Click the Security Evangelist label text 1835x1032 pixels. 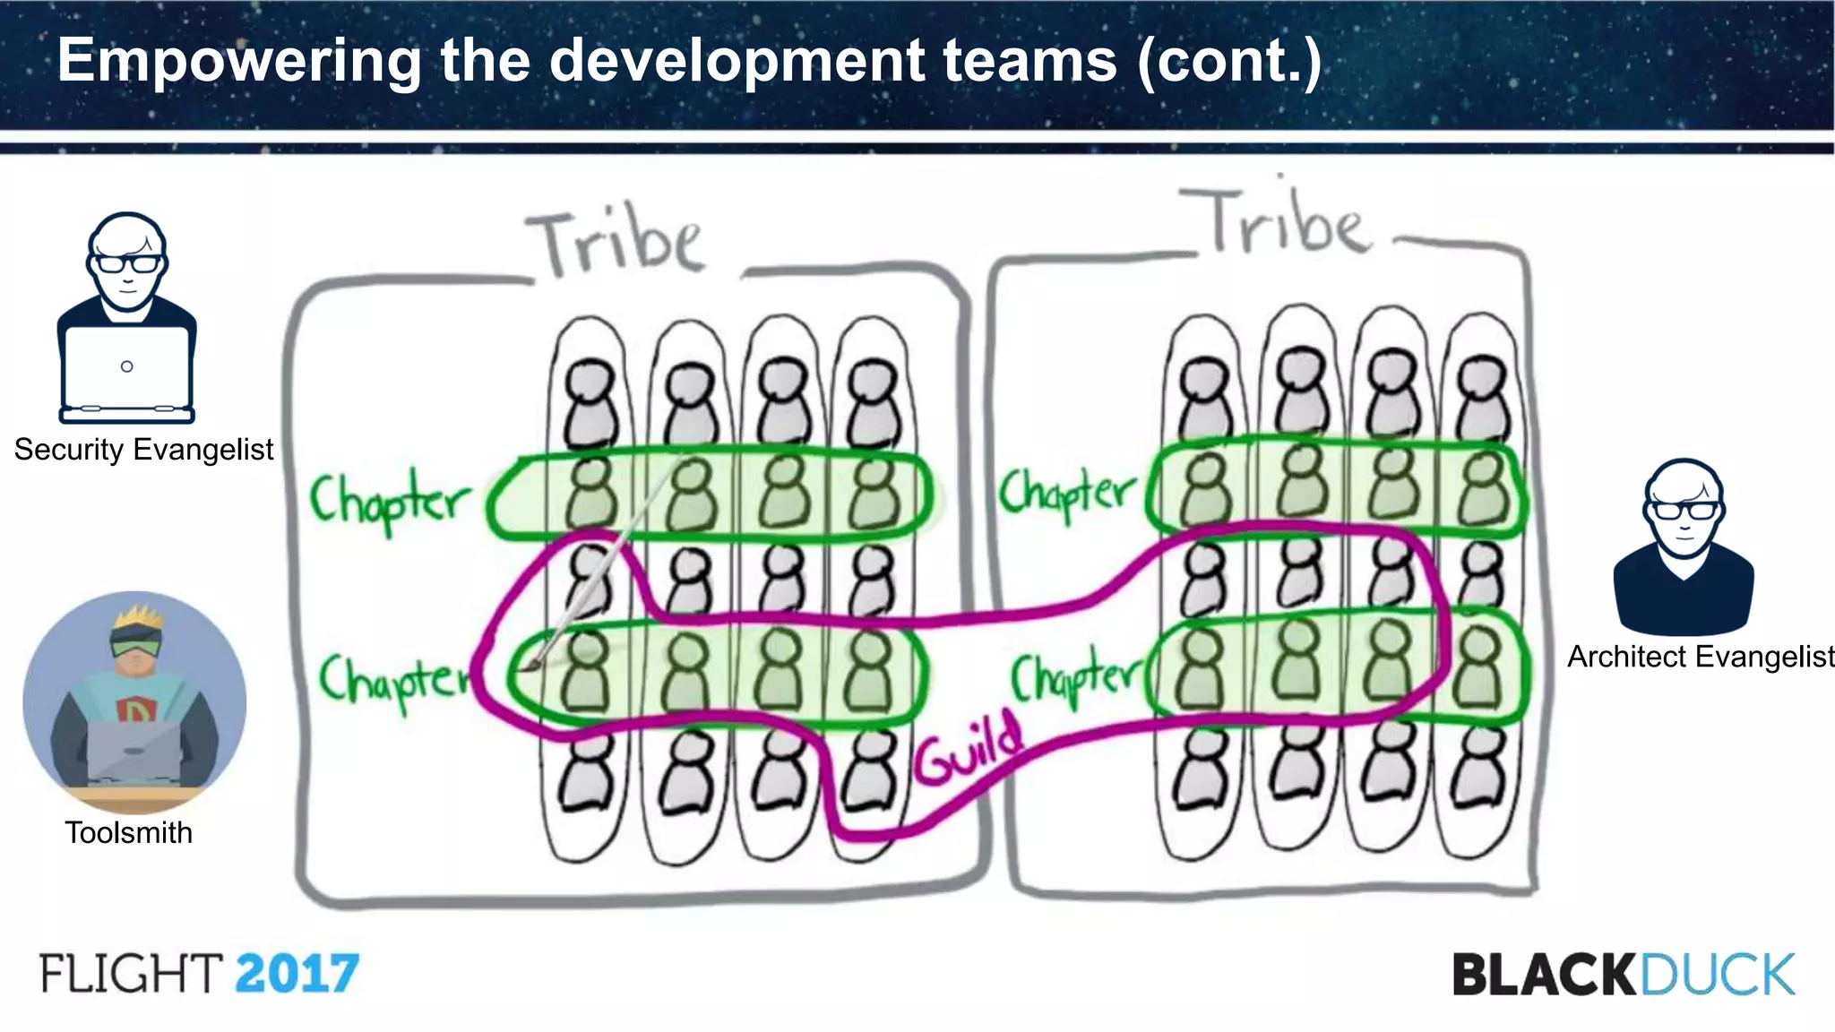click(143, 450)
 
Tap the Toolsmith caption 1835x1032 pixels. click(128, 833)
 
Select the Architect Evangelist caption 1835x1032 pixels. click(1700, 657)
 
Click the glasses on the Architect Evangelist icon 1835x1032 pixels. click(1684, 511)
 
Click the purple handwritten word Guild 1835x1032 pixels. click(968, 751)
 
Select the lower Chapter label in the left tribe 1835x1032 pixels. click(394, 681)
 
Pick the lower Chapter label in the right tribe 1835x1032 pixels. click(1073, 678)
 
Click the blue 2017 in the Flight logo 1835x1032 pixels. click(297, 974)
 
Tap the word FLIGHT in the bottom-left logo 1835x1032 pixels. click(131, 974)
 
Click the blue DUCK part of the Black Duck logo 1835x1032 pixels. click(1717, 975)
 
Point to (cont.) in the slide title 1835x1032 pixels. click(1229, 61)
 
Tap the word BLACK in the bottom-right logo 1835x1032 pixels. click(1544, 975)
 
